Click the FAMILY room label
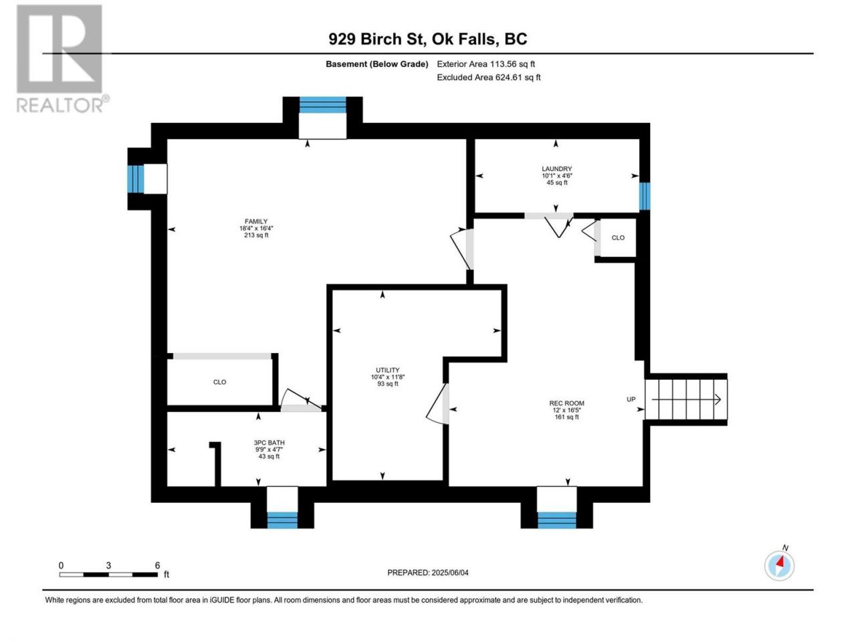click(x=256, y=221)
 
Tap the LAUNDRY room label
click(x=556, y=169)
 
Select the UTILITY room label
click(x=387, y=370)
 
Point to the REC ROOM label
click(x=566, y=403)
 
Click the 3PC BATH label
click(x=269, y=443)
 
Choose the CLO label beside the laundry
click(x=618, y=237)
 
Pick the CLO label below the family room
click(x=219, y=382)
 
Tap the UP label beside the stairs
click(x=631, y=399)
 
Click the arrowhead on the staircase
click(x=718, y=399)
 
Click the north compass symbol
click(x=779, y=565)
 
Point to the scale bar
click(x=108, y=574)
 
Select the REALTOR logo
click(x=62, y=59)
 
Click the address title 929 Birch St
click(x=376, y=39)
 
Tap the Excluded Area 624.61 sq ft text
click(x=489, y=77)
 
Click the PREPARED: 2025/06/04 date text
click(x=428, y=572)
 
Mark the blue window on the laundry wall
click(x=645, y=196)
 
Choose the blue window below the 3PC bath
click(x=282, y=520)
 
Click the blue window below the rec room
click(x=557, y=520)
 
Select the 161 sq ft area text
click(x=566, y=417)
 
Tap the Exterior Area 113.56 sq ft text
click(x=486, y=64)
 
